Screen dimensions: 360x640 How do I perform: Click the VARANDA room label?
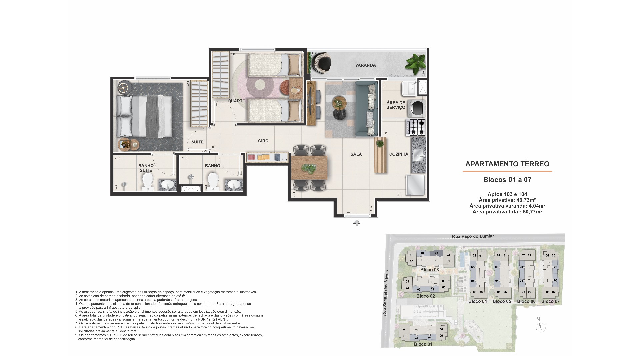point(365,65)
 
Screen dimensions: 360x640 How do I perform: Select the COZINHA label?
point(399,154)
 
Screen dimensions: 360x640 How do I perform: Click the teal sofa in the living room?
point(367,108)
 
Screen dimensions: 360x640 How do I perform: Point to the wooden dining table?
point(310,168)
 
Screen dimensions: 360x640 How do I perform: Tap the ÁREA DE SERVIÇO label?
point(396,105)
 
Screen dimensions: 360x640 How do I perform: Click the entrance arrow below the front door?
point(357,223)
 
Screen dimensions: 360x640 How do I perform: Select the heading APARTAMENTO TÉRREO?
point(507,164)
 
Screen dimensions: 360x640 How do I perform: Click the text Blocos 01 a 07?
point(507,180)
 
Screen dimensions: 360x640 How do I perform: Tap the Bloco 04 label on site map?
point(477,301)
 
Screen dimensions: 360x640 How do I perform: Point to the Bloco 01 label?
point(423,344)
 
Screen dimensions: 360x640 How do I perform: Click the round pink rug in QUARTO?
point(260,85)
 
